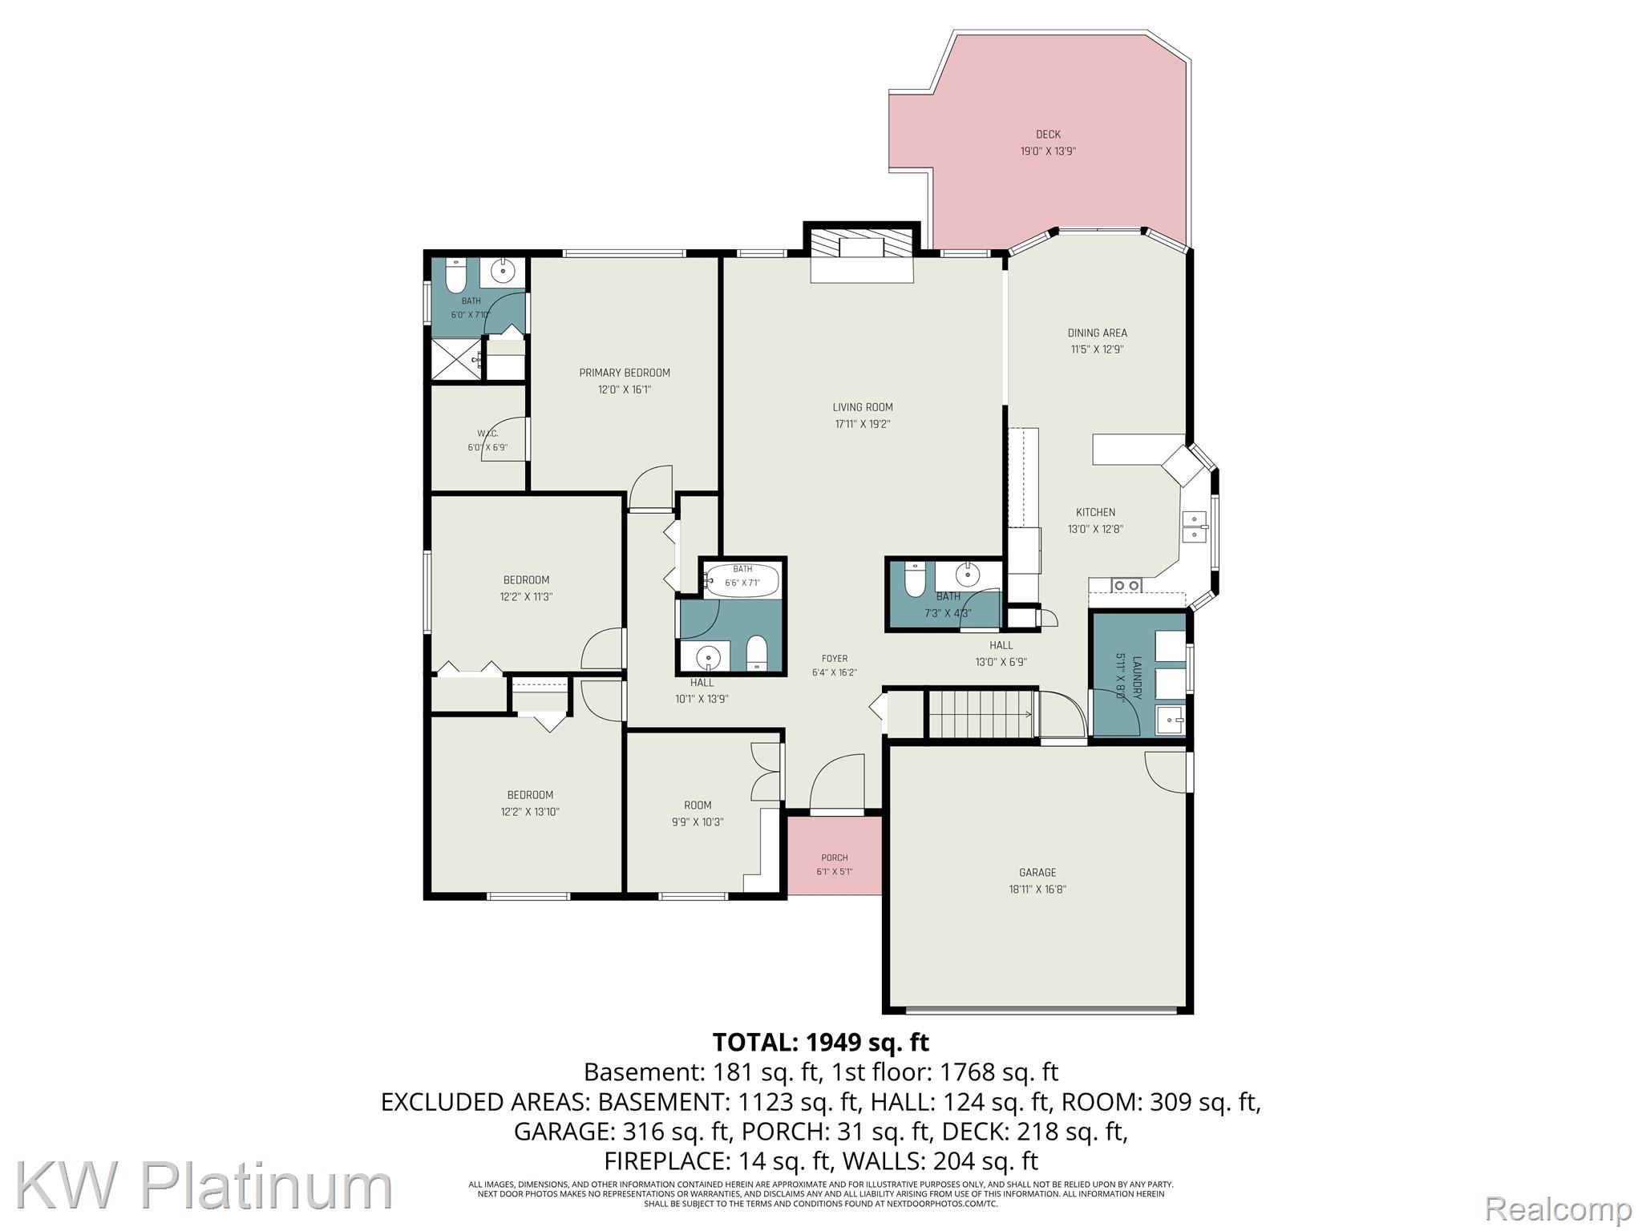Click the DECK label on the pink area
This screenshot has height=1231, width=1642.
pyautogui.click(x=1048, y=135)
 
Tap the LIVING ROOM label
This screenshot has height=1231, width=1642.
pyautogui.click(x=863, y=407)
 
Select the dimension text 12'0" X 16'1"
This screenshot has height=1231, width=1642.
pyautogui.click(x=625, y=390)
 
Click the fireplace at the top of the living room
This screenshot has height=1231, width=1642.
pyautogui.click(x=862, y=256)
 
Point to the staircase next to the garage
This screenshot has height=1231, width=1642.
pyautogui.click(x=981, y=714)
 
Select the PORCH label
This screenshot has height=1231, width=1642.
pyautogui.click(x=835, y=858)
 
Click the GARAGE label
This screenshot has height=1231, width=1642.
pyautogui.click(x=1037, y=873)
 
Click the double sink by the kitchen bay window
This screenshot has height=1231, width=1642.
pyautogui.click(x=1195, y=527)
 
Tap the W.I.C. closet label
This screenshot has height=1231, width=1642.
pyautogui.click(x=487, y=434)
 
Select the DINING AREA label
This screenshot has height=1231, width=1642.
pyautogui.click(x=1097, y=333)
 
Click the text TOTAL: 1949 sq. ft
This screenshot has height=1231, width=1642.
pyautogui.click(x=821, y=1042)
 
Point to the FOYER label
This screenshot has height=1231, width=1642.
pyautogui.click(x=835, y=659)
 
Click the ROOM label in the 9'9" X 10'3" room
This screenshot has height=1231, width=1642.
pyautogui.click(x=698, y=805)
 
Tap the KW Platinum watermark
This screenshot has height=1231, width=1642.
pyautogui.click(x=204, y=1187)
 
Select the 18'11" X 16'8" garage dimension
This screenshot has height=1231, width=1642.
pyautogui.click(x=1037, y=890)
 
